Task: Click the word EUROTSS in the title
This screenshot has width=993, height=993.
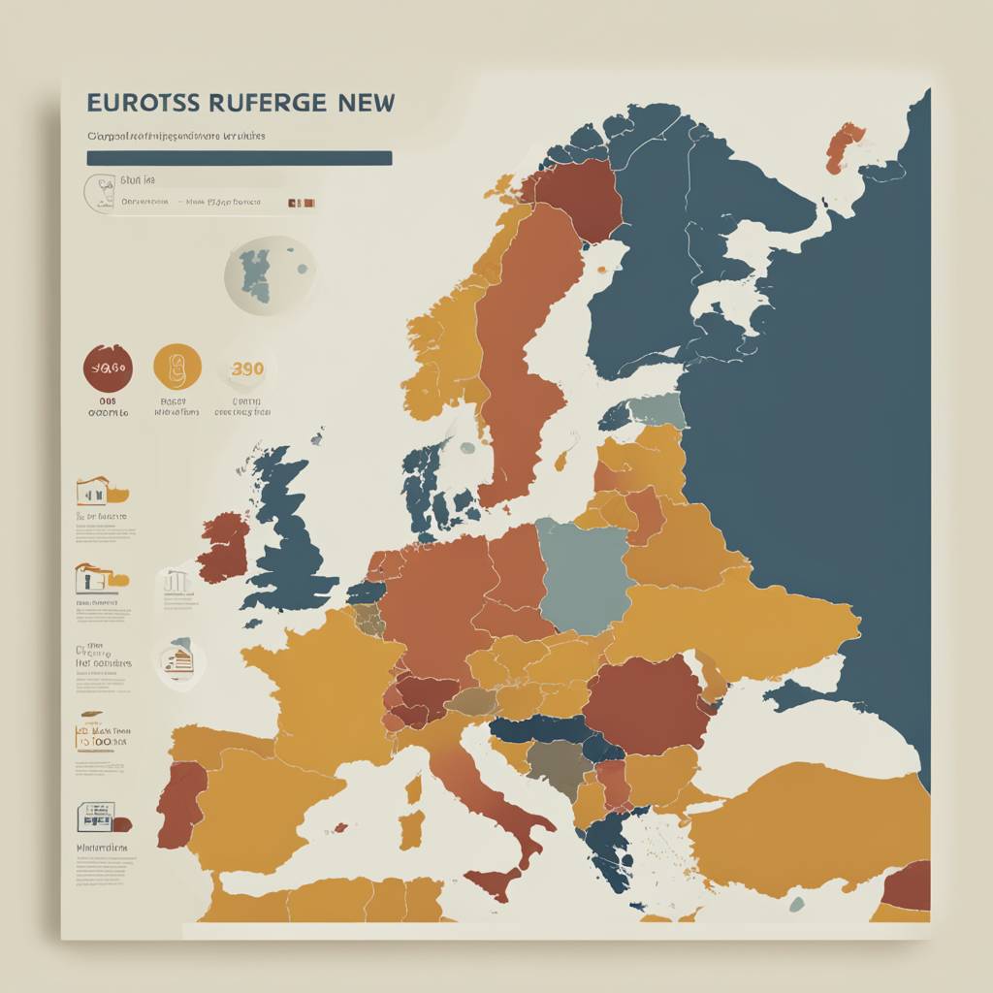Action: click(142, 103)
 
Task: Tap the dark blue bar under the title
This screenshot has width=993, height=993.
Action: click(239, 158)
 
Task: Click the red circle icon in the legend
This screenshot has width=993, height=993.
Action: click(108, 368)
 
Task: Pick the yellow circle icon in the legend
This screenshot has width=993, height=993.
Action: click(177, 368)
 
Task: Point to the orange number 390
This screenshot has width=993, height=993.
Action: click(247, 368)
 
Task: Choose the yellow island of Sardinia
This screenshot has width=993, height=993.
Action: click(413, 830)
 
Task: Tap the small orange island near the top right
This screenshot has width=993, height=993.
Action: click(845, 145)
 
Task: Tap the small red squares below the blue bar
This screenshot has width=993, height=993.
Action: click(303, 204)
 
